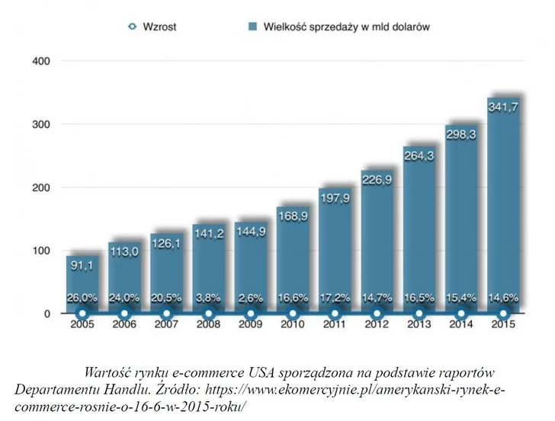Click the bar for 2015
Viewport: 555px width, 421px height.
point(503,206)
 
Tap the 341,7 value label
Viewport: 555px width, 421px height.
point(503,108)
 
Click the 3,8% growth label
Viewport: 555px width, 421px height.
point(208,298)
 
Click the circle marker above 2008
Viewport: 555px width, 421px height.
point(208,313)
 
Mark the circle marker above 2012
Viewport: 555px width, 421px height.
point(377,313)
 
